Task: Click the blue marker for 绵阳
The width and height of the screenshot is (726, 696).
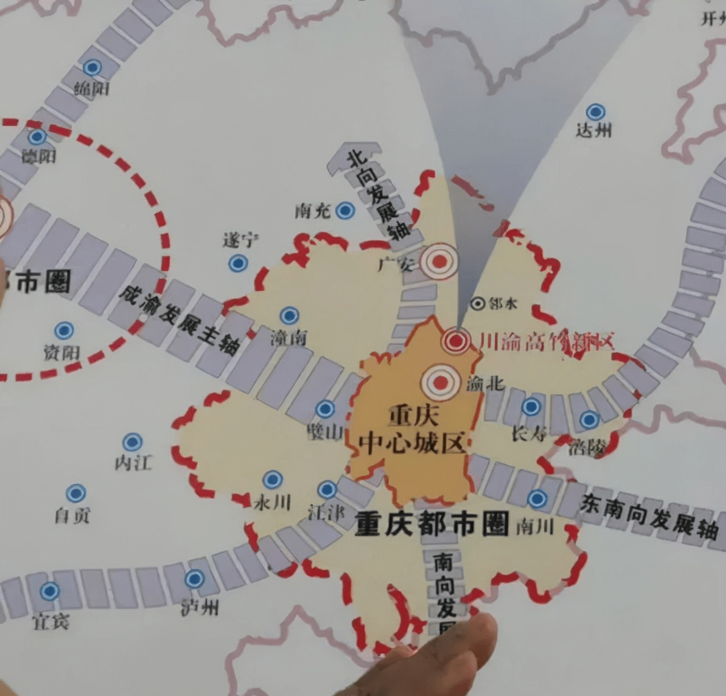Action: pyautogui.click(x=93, y=68)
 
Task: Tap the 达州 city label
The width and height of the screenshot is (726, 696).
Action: pyautogui.click(x=593, y=131)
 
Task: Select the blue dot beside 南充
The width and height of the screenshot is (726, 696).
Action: pyautogui.click(x=345, y=211)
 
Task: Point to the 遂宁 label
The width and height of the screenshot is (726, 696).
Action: pyautogui.click(x=241, y=240)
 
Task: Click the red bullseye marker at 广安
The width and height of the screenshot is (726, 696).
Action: pyautogui.click(x=439, y=260)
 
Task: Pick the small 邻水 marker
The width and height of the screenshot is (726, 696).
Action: pyautogui.click(x=478, y=304)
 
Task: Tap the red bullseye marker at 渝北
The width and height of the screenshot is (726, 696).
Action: pyautogui.click(x=441, y=382)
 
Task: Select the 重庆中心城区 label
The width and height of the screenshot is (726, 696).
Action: pyautogui.click(x=413, y=429)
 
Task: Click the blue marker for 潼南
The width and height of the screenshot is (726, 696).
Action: pyautogui.click(x=289, y=315)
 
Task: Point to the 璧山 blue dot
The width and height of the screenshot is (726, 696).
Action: pyautogui.click(x=325, y=409)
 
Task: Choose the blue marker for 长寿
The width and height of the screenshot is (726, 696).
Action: pyautogui.click(x=531, y=407)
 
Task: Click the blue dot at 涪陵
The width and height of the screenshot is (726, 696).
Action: pyautogui.click(x=589, y=419)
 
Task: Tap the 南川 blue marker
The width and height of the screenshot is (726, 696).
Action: pyautogui.click(x=537, y=499)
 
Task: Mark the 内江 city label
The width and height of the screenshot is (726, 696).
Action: pyautogui.click(x=133, y=463)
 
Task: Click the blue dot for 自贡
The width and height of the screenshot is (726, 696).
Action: pyautogui.click(x=76, y=493)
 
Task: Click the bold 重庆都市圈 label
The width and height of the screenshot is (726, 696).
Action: pyautogui.click(x=432, y=524)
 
